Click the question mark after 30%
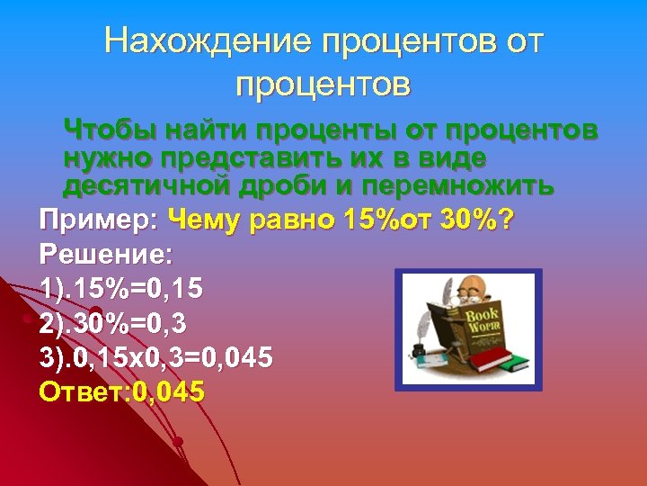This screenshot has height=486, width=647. click(508, 220)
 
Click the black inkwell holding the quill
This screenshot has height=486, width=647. click(419, 347)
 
